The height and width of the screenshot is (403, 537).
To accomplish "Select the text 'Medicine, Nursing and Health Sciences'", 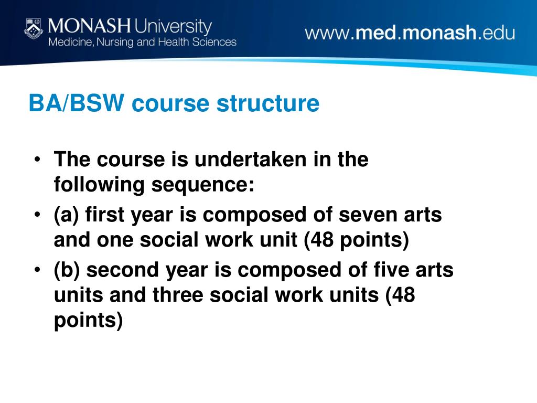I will [142, 42].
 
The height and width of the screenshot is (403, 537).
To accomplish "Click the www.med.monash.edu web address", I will [410, 33].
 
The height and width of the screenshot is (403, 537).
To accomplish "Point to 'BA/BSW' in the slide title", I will [77, 103].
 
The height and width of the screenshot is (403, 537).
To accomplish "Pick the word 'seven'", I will [372, 215].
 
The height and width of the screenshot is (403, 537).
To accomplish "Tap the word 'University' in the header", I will [174, 25].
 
